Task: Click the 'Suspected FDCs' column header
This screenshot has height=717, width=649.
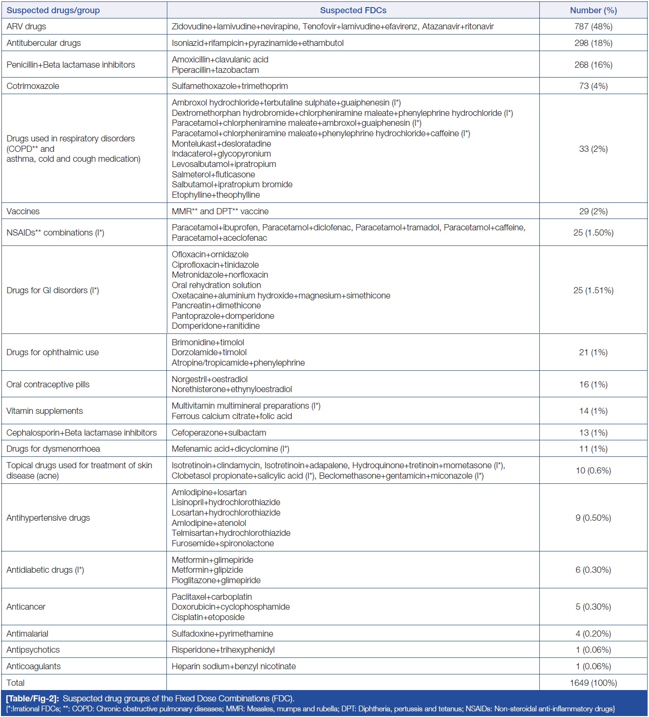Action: (x=353, y=10)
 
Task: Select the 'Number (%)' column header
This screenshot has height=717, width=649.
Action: (x=593, y=10)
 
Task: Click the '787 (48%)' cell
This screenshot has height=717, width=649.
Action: (x=593, y=26)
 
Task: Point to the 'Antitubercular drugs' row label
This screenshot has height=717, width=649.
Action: (x=43, y=43)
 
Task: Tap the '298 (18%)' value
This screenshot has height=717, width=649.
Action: (x=593, y=43)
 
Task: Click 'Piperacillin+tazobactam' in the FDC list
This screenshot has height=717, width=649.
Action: (x=215, y=70)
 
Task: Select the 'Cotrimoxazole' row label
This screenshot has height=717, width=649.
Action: (x=33, y=86)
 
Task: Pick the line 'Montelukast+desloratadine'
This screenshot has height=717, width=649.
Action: (x=221, y=144)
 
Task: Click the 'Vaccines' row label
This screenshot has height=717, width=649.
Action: (x=23, y=211)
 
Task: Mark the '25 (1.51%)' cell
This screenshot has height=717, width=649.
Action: (x=593, y=290)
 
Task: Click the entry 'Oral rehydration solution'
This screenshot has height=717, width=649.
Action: (x=216, y=285)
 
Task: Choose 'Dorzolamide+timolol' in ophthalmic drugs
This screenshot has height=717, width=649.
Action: (x=209, y=352)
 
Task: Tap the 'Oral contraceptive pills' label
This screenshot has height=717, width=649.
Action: (x=48, y=385)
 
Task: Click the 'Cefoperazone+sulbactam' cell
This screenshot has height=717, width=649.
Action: (x=219, y=433)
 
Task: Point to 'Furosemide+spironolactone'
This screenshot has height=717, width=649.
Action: (x=223, y=543)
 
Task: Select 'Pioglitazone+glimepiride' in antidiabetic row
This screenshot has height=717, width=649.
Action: (x=216, y=580)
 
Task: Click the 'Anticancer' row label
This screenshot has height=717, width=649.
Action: (x=26, y=607)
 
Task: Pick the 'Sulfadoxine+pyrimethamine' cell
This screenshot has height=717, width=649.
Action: (x=222, y=634)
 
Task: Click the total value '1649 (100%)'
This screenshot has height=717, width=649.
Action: (x=593, y=683)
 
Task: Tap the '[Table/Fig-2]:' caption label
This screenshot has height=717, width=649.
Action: (x=33, y=699)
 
